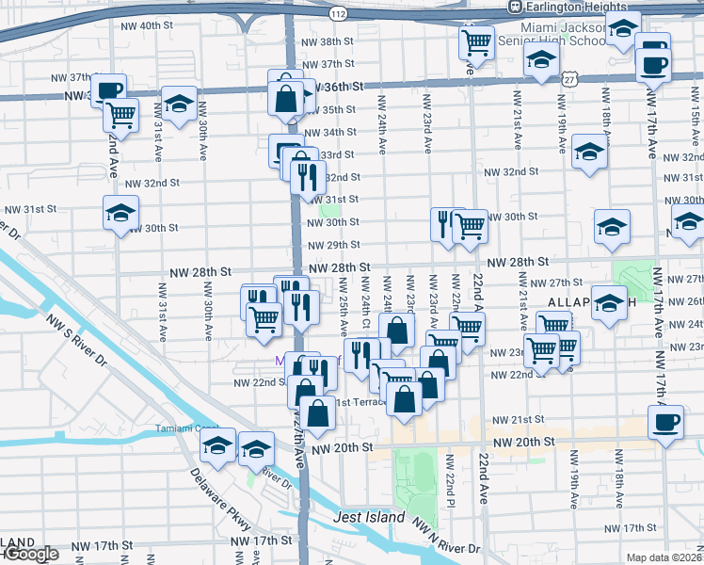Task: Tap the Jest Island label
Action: coord(369,518)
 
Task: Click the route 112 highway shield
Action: coord(338,13)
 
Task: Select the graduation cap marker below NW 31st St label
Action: coord(121,215)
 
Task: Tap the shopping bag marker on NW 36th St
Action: coord(284,97)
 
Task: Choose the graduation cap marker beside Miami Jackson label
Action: coord(540,63)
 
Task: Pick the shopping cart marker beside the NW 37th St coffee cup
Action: coord(120,115)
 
